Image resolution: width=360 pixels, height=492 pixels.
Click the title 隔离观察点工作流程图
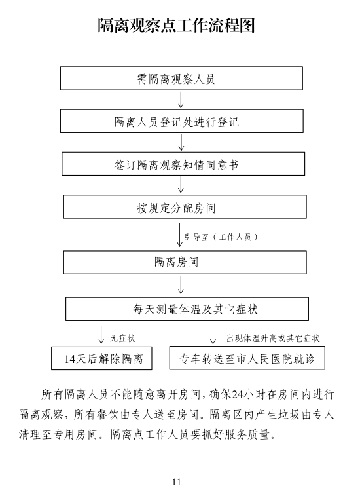tap(176, 26)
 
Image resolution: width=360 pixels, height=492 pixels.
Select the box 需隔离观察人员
tap(181, 78)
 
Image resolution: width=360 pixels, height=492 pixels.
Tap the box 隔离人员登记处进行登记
tap(182, 121)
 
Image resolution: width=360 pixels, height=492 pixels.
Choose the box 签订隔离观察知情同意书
tap(183, 164)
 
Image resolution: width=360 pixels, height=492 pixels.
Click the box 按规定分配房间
tap(185, 206)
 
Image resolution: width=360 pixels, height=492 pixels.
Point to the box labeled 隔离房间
tap(185, 262)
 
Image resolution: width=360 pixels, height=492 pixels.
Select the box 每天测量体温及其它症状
tap(187, 309)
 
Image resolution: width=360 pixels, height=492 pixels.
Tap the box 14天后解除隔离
tap(101, 358)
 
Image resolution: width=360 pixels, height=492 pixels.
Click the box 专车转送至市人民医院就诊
tap(247, 358)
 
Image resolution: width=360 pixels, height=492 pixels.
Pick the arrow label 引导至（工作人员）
tap(221, 237)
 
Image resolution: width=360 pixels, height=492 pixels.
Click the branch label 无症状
tap(122, 338)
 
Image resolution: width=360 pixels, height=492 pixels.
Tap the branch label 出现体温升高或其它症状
tap(273, 338)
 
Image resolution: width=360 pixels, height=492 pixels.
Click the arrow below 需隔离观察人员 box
tap(181, 100)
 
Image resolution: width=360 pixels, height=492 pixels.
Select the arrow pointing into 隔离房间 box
tap(180, 235)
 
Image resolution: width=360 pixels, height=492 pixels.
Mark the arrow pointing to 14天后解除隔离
tap(101, 335)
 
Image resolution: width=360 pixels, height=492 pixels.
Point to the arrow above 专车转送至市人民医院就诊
tap(213, 335)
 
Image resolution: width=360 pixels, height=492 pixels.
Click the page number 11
tap(177, 482)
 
